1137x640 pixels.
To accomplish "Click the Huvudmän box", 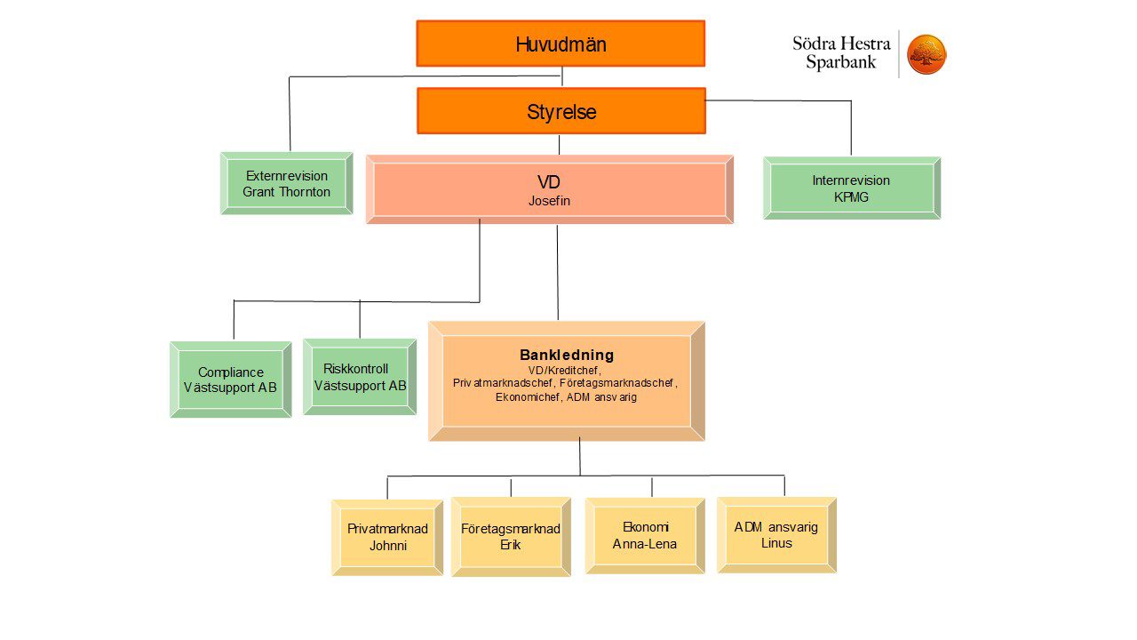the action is point(561,44).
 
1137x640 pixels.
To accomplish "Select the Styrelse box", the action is point(561,111).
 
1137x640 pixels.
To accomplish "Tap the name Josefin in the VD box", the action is point(549,201).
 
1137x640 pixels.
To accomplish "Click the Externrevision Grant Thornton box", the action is point(286,183).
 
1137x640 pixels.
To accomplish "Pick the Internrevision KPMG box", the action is point(852,188).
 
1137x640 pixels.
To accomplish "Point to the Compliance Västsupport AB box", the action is point(230,380).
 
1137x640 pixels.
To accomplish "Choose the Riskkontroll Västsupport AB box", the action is point(360,376).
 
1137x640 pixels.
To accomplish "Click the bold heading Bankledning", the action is point(567,355).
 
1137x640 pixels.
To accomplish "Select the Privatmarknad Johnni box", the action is point(387,538).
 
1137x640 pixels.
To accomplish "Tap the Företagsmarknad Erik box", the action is point(511,537).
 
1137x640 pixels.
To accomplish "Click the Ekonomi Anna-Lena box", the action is point(645,536).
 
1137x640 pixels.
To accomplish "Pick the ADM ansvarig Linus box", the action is point(776,535).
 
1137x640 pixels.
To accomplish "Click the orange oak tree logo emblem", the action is point(926,54).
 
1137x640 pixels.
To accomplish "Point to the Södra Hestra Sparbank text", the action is point(841,52).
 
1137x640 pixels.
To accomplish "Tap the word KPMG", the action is point(851,197).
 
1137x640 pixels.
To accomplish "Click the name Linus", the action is point(776,543).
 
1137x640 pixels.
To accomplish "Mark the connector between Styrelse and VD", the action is point(560,145).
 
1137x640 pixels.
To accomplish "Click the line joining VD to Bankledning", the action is point(558,273).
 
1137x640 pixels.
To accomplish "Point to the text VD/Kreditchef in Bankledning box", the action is point(564,371).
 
